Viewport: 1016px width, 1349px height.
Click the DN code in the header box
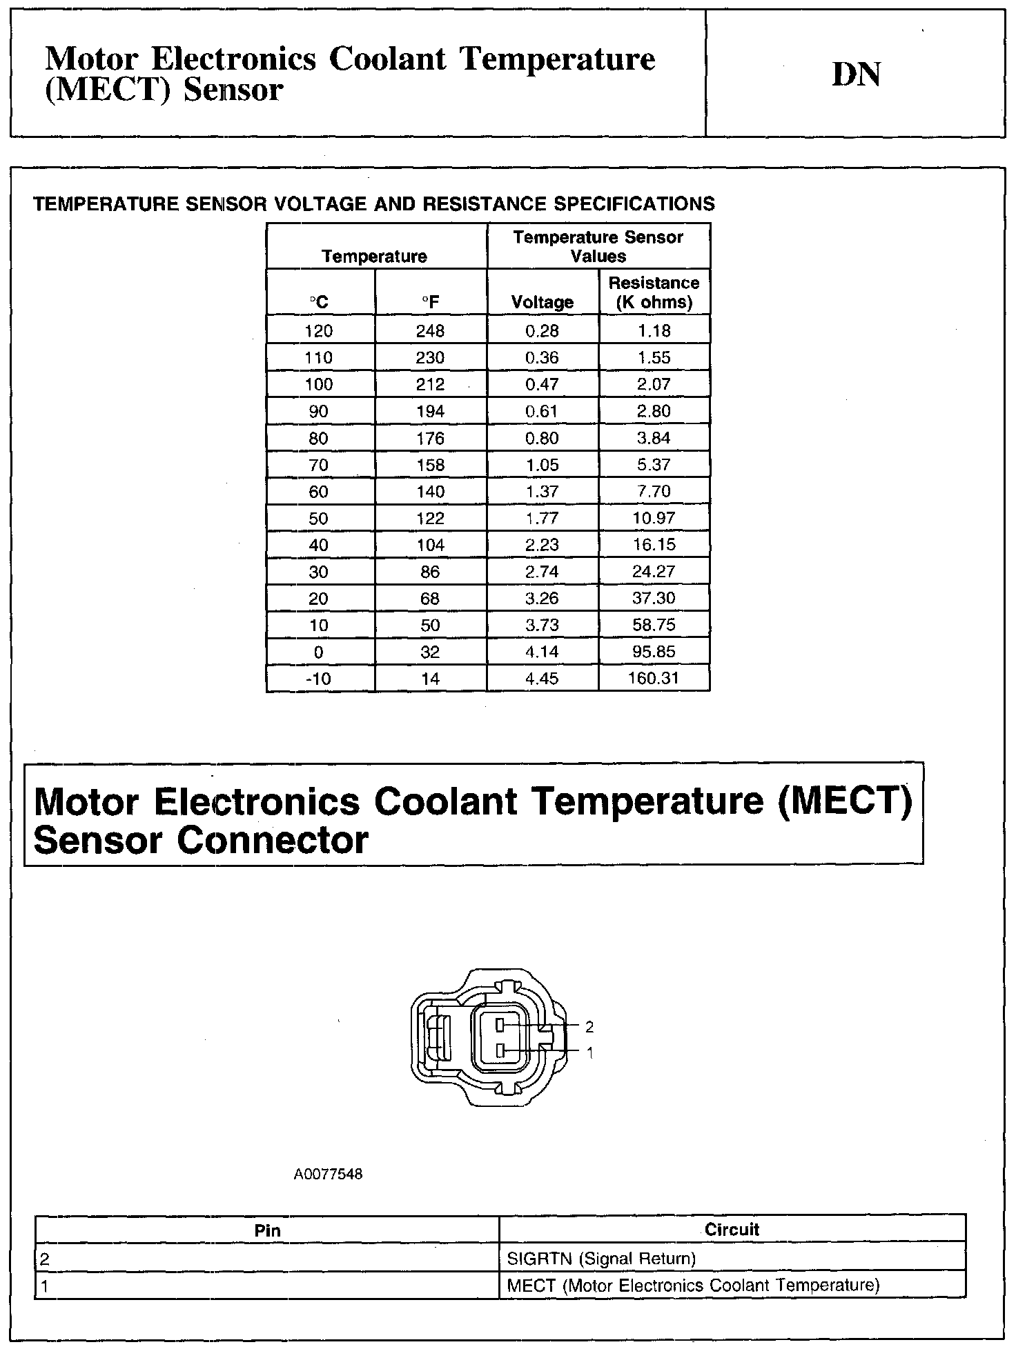click(856, 75)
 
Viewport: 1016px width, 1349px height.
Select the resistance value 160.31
click(654, 679)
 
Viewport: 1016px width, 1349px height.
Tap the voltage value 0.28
click(542, 331)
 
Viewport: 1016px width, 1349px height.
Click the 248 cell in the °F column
click(430, 331)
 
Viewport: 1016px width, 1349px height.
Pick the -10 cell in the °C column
click(318, 679)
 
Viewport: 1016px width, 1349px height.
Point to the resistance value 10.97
click(654, 518)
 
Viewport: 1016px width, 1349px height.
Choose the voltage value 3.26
click(542, 599)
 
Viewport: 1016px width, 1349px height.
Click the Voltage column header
click(542, 302)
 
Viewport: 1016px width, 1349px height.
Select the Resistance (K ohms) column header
click(654, 292)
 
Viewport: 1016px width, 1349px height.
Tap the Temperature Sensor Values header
click(598, 246)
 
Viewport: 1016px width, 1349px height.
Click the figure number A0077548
click(328, 1174)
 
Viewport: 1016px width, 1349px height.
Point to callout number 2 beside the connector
click(589, 1027)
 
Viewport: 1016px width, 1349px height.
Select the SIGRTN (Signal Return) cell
click(601, 1259)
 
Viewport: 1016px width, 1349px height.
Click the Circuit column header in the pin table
click(732, 1230)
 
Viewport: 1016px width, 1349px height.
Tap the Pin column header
click(267, 1230)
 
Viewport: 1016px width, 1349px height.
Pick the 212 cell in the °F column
click(430, 384)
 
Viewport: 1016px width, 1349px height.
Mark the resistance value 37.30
click(654, 599)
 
